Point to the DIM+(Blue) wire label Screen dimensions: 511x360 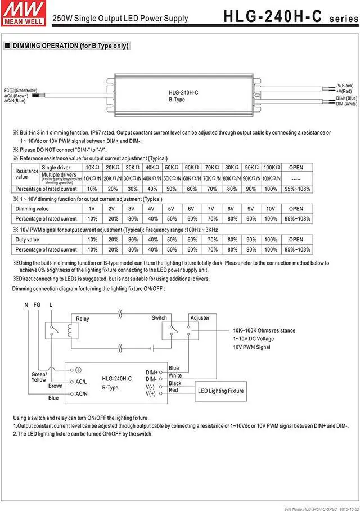point(346,98)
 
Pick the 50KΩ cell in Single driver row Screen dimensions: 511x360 point(171,168)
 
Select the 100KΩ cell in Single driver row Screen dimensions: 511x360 point(271,168)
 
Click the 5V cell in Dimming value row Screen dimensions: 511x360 point(171,209)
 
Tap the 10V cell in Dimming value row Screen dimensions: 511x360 point(271,209)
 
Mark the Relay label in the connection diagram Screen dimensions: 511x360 point(82,319)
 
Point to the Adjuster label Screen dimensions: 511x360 point(200,318)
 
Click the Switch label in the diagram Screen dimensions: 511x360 point(159,318)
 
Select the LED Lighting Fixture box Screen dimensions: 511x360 point(220,391)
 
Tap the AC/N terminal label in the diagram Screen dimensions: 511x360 point(81,394)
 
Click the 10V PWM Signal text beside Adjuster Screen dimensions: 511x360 point(251,347)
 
